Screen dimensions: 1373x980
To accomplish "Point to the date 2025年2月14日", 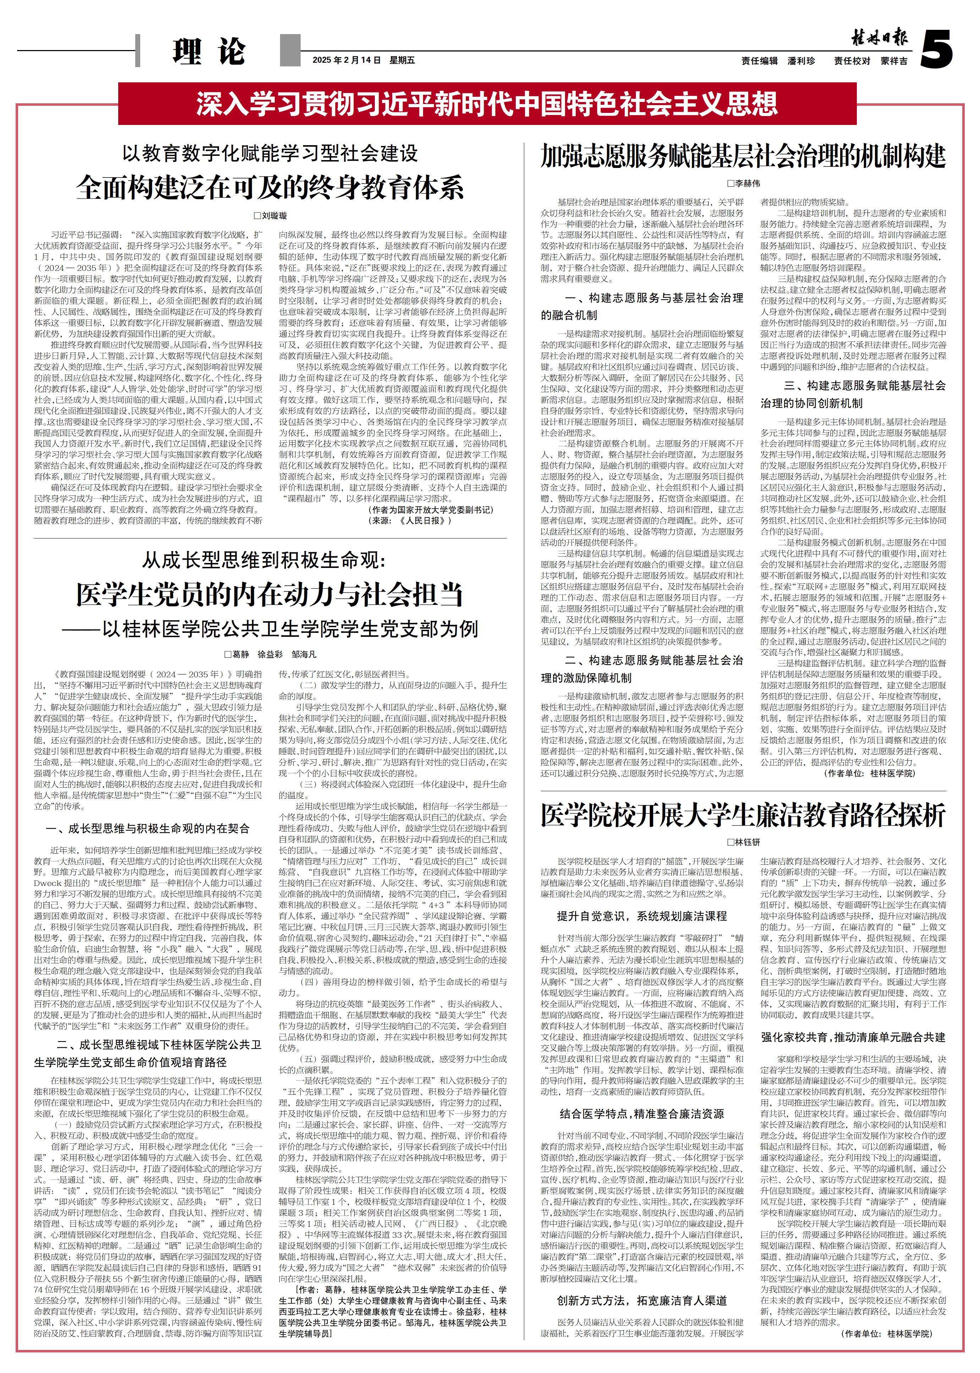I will pos(347,60).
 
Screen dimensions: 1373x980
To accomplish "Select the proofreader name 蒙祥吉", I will pos(894,61).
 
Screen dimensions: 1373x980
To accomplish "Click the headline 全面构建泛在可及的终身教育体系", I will pos(270,188).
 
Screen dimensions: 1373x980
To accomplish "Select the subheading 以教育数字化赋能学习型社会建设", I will pos(270,153).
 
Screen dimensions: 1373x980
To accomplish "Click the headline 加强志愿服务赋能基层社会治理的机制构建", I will pos(743,156).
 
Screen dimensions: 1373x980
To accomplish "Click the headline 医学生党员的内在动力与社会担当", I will pos(270,595).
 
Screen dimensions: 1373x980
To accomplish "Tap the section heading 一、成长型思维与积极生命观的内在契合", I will pos(148,828).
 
